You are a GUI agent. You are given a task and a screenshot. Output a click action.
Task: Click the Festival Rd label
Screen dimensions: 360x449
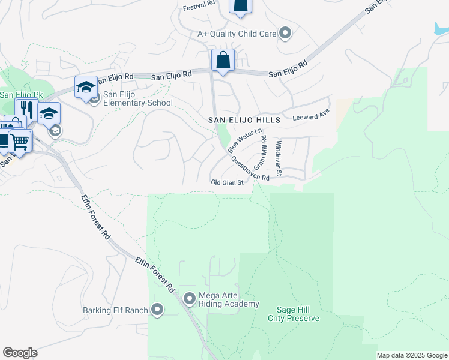click(x=198, y=4)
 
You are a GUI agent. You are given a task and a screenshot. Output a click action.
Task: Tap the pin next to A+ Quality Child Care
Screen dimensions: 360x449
click(x=286, y=33)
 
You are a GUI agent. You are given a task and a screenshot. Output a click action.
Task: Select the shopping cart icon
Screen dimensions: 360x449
click(x=20, y=141)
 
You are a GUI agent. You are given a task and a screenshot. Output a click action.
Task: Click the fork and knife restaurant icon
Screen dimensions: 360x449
click(x=26, y=109)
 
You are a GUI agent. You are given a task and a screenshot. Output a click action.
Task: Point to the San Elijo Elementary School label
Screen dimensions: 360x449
click(x=137, y=98)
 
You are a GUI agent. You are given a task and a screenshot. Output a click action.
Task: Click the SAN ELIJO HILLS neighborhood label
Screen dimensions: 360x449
click(x=244, y=120)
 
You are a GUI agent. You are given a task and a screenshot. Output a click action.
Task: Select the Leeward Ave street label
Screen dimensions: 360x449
click(x=311, y=114)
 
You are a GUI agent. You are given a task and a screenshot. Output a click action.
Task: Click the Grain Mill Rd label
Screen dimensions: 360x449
click(x=262, y=151)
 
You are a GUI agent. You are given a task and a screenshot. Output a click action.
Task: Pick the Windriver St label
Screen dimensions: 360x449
click(x=279, y=157)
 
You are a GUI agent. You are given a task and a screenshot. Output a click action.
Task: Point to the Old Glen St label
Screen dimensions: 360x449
click(x=226, y=182)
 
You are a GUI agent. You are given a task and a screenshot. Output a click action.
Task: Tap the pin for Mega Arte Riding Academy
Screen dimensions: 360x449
click(x=190, y=298)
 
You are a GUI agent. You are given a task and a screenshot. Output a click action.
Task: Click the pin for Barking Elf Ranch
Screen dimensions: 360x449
click(x=157, y=310)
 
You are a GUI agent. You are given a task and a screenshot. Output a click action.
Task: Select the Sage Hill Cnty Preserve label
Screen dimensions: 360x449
click(x=294, y=314)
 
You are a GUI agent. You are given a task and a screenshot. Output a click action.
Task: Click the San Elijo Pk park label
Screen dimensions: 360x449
click(x=22, y=95)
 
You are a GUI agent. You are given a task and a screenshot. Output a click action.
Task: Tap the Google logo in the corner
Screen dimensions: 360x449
click(x=20, y=353)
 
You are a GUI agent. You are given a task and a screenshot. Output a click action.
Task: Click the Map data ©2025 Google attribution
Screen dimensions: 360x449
click(x=412, y=355)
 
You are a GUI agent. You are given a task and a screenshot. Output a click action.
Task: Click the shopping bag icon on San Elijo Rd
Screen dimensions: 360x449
click(x=223, y=60)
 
